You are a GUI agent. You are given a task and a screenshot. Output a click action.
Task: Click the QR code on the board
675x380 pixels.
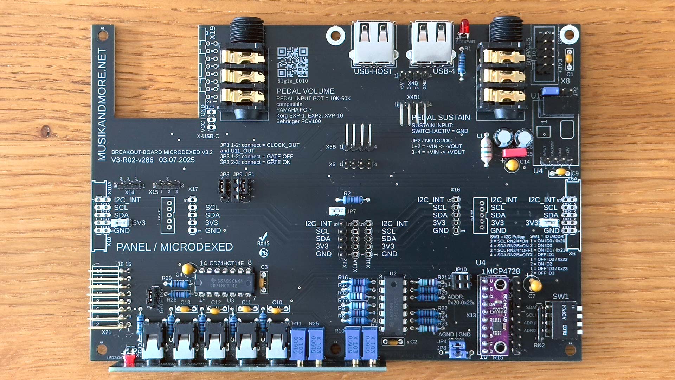(x=292, y=62)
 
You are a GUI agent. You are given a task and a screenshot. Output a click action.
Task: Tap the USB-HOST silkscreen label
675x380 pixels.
(x=373, y=71)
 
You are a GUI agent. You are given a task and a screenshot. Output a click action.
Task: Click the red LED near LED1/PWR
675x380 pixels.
(x=464, y=26)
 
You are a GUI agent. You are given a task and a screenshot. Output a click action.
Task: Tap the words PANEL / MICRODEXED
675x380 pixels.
(x=174, y=247)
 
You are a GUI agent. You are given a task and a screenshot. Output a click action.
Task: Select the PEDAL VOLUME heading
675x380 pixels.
(x=305, y=91)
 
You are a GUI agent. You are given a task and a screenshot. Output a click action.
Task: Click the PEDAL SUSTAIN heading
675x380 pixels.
(x=441, y=118)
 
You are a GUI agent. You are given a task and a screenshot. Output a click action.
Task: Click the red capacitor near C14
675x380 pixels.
(x=514, y=153)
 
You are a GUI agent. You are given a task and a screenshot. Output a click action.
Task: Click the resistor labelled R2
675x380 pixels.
(x=352, y=200)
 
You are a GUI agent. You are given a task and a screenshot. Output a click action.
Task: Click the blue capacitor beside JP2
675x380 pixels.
(x=550, y=91)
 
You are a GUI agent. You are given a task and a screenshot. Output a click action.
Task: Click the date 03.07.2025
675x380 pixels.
(x=176, y=160)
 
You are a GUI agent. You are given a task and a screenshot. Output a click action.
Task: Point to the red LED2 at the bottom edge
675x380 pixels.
(x=130, y=359)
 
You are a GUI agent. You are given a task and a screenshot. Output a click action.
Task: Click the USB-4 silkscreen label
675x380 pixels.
(x=444, y=71)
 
